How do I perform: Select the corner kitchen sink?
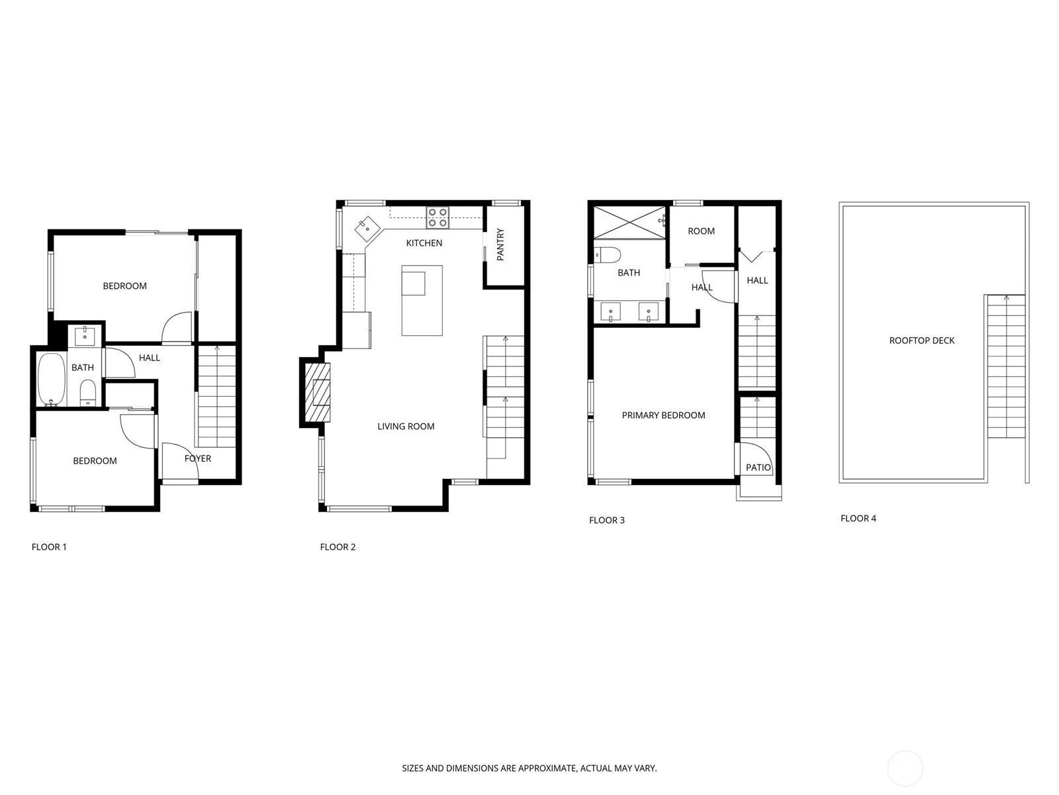tap(366, 231)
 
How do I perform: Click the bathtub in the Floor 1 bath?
tap(51, 380)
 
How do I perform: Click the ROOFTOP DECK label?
tap(921, 341)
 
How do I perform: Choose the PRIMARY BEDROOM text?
tap(663, 415)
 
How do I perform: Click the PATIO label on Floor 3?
tap(758, 467)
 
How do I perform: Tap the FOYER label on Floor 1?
tap(197, 458)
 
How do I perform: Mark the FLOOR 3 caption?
tap(606, 520)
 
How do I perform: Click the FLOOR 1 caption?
tap(49, 547)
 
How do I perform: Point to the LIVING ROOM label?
tap(406, 427)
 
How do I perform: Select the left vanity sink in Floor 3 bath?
tap(610, 311)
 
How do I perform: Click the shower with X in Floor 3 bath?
tap(629, 222)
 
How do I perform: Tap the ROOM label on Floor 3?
tap(701, 231)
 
